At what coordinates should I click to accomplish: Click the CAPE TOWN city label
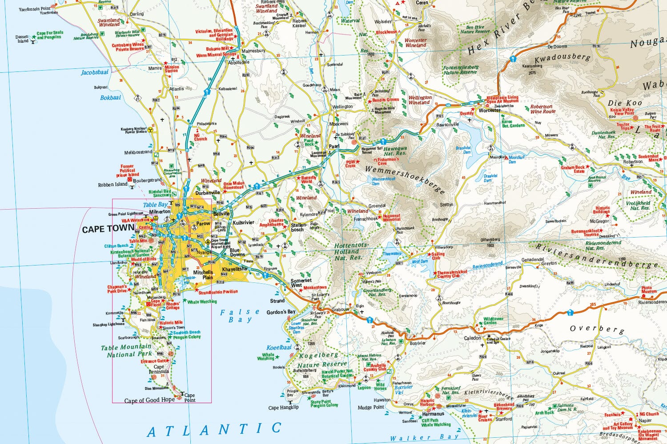(108, 229)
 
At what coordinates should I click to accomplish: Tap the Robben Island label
(113, 184)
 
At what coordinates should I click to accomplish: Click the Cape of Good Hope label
(149, 400)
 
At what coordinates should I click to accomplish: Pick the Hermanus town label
(433, 414)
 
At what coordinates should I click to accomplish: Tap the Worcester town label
(489, 110)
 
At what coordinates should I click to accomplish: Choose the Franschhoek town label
(366, 219)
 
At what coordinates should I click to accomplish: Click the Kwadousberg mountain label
(563, 59)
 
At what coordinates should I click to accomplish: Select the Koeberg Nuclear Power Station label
(133, 131)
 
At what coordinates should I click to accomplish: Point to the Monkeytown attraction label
(315, 288)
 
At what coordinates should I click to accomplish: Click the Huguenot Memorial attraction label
(391, 218)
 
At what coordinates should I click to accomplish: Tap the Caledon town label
(472, 338)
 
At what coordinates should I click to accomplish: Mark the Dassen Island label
(22, 39)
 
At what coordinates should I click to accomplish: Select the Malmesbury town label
(253, 51)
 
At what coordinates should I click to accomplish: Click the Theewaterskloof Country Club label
(452, 274)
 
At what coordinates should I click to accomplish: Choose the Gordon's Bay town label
(281, 312)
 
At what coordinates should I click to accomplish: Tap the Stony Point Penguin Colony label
(324, 404)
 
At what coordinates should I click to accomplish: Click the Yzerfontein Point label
(34, 9)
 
